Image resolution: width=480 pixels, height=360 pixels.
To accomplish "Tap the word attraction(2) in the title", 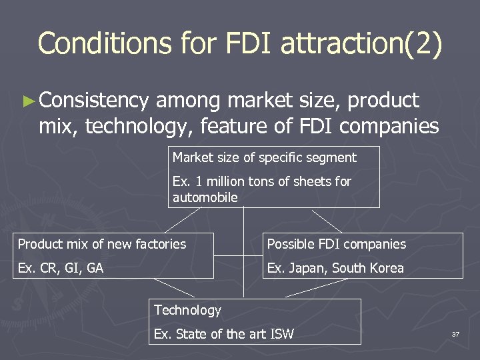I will click(x=361, y=43).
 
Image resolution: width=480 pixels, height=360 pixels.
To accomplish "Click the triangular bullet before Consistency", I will click(x=27, y=101).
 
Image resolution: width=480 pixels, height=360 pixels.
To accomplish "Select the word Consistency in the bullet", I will click(x=94, y=101).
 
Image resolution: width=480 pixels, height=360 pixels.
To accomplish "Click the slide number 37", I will click(x=455, y=334).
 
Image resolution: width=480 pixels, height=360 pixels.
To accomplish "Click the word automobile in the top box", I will click(x=205, y=197).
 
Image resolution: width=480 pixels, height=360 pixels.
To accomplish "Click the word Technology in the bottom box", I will click(x=187, y=310).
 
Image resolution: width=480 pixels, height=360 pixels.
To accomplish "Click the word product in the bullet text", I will click(x=385, y=101).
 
